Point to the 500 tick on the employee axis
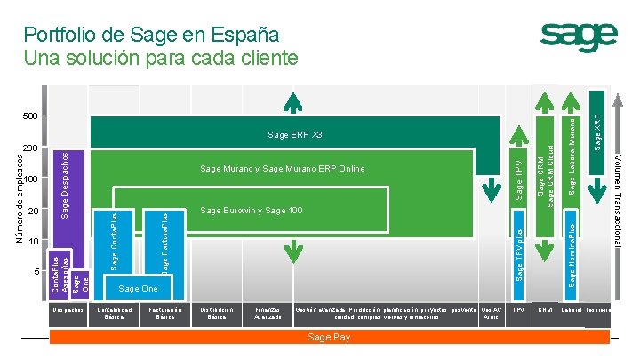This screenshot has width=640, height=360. tap(30, 116)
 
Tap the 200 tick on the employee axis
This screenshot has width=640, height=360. tap(30, 148)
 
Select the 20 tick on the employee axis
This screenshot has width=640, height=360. tap(33, 212)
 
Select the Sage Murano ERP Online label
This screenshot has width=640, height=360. tap(282, 168)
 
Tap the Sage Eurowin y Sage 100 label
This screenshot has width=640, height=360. tap(252, 211)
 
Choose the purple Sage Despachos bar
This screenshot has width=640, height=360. tap(66, 187)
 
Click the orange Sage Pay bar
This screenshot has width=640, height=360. tap(329, 338)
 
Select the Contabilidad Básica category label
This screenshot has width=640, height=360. tap(114, 314)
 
